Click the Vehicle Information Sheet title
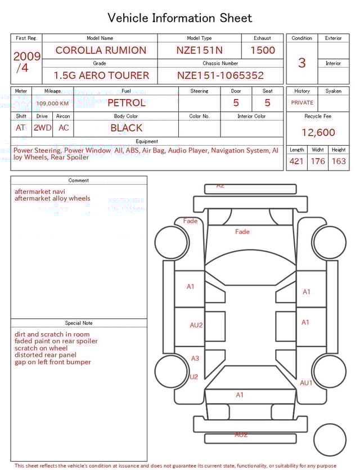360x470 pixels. click(x=179, y=18)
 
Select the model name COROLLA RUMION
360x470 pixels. click(x=100, y=50)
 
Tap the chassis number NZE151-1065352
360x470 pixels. click(x=220, y=75)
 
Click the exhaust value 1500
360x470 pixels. click(x=263, y=50)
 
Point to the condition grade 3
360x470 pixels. click(x=301, y=62)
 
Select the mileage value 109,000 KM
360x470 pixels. click(x=52, y=104)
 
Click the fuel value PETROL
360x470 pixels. click(x=126, y=103)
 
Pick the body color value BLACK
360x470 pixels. click(x=126, y=128)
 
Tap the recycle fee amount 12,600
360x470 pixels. click(x=318, y=133)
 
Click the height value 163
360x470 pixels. click(x=339, y=162)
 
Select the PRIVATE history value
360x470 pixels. click(x=302, y=103)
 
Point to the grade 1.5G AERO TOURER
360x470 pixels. click(x=101, y=75)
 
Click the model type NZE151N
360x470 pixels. click(x=199, y=50)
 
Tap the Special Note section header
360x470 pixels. click(x=79, y=323)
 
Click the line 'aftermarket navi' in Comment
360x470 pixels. click(x=39, y=191)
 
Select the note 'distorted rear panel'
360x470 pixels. click(x=46, y=355)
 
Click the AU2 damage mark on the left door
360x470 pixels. click(x=196, y=325)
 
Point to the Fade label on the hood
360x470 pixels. click(x=242, y=232)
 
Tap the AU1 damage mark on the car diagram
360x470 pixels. click(x=306, y=383)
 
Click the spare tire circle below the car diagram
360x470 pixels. click(x=330, y=440)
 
